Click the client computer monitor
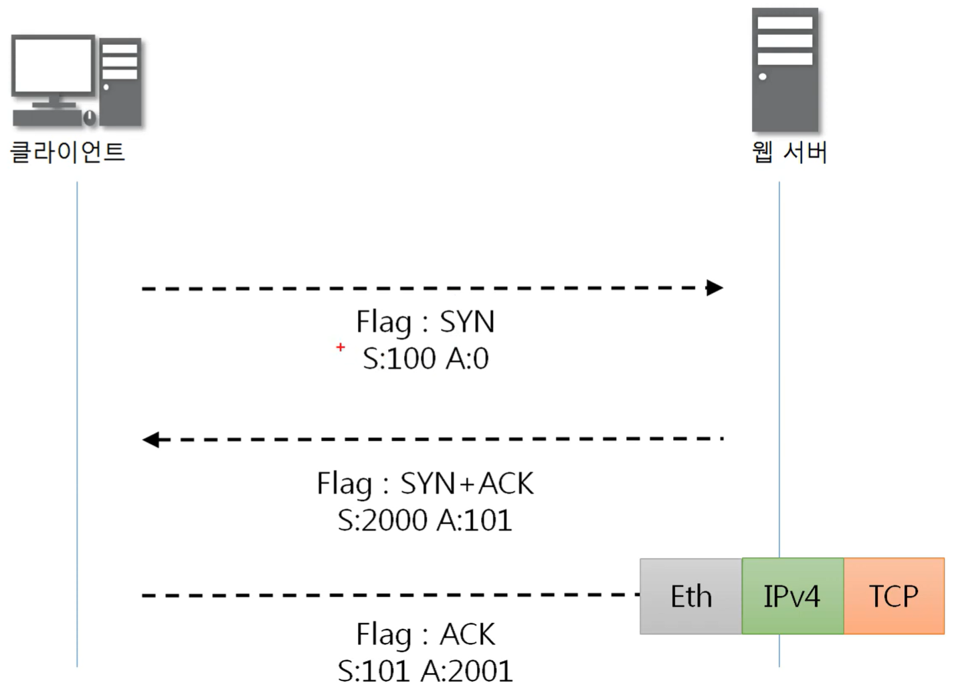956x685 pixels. [x=54, y=67]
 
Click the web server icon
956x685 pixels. [x=785, y=70]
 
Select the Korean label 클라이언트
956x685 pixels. [x=68, y=152]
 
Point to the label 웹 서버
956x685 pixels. [x=789, y=153]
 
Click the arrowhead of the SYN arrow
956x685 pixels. [x=714, y=288]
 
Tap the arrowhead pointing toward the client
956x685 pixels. [x=151, y=439]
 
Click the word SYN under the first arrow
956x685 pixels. [x=467, y=322]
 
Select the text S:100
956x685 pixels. [x=399, y=359]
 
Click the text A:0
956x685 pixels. [x=468, y=359]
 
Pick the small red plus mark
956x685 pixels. [x=341, y=347]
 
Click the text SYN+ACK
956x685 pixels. [x=467, y=484]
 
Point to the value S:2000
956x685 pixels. [x=382, y=520]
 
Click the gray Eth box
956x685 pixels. [x=691, y=596]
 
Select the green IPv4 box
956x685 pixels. [x=792, y=596]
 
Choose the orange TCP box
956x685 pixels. [x=894, y=596]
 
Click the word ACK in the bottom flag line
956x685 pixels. [x=468, y=634]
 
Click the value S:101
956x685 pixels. [x=374, y=670]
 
